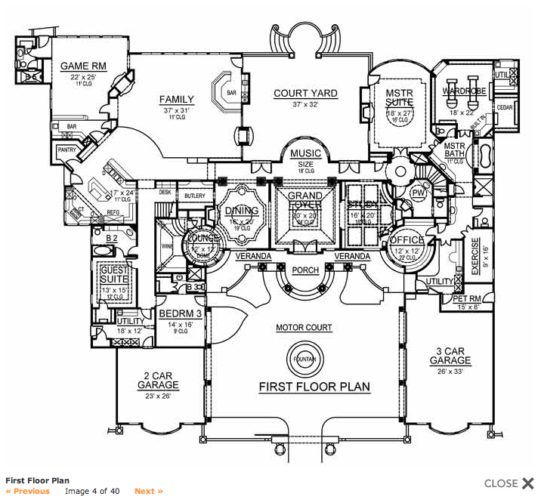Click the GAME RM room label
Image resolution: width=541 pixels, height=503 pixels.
pyautogui.click(x=84, y=66)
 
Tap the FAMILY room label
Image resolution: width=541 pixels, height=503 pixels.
pyautogui.click(x=177, y=100)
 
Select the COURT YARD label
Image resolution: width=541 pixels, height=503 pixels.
pyautogui.click(x=305, y=94)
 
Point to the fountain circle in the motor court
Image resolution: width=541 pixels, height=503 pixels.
pyautogui.click(x=305, y=358)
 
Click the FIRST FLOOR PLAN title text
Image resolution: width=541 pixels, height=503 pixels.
pyautogui.click(x=314, y=387)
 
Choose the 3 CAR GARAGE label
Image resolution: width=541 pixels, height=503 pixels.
pyautogui.click(x=450, y=356)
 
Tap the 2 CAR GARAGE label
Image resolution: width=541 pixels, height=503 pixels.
pyautogui.click(x=158, y=380)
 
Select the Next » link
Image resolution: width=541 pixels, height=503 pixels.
pyautogui.click(x=149, y=491)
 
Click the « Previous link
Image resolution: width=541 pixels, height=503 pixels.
pyautogui.click(x=28, y=491)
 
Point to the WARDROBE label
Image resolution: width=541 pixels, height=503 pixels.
pyautogui.click(x=464, y=91)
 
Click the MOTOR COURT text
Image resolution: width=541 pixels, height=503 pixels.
pyautogui.click(x=304, y=329)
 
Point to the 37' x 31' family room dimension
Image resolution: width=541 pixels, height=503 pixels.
pyautogui.click(x=177, y=110)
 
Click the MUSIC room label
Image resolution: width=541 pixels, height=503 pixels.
pyautogui.click(x=305, y=153)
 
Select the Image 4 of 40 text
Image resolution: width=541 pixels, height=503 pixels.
pyautogui.click(x=92, y=491)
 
